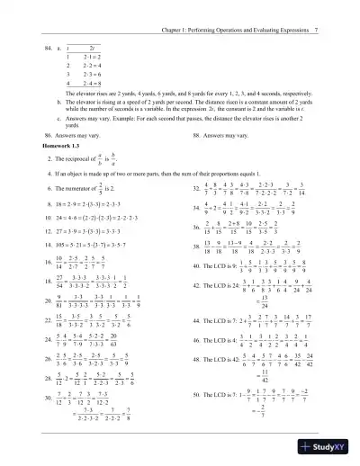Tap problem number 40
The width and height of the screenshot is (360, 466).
click(197, 291)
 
